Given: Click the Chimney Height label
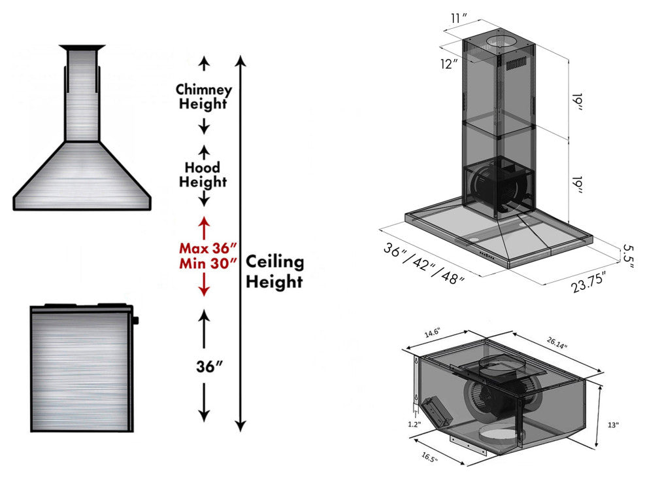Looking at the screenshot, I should pos(203,96).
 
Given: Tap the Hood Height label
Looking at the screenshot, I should pos(203,175).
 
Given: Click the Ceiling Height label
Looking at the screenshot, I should pos(274,272).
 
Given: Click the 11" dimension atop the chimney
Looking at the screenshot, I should pos(459,18).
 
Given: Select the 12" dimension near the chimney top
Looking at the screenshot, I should pos(450,64).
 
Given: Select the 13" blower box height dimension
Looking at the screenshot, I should pos(612,425).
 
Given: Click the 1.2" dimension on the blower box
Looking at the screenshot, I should pos(415,423).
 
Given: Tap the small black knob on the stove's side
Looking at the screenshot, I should pos(136,321).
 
